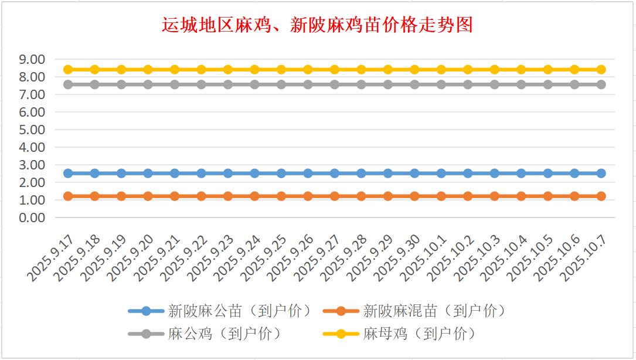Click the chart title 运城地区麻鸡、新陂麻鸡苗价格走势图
tap(317, 25)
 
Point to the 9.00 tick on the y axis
tap(32, 59)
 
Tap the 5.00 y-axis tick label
tap(32, 130)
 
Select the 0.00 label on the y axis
tap(32, 218)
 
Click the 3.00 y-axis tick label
tap(32, 165)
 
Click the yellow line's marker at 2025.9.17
tap(68, 69)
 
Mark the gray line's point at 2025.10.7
tap(601, 84)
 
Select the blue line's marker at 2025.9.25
tap(281, 173)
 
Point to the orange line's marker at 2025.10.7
tap(601, 196)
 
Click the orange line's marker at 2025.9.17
tap(68, 196)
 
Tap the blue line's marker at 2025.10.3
tap(495, 173)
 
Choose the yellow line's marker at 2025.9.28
tap(361, 69)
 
